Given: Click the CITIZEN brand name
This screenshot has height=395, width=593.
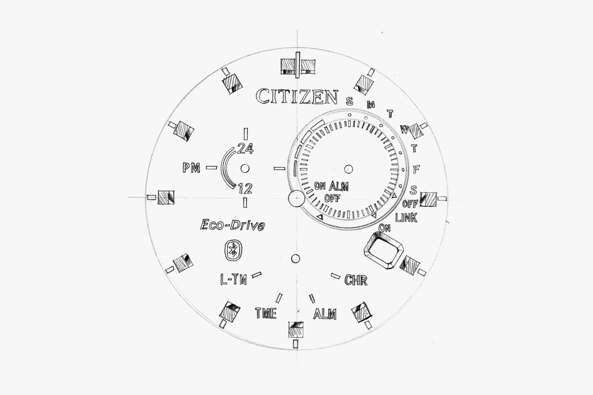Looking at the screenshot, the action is [x=297, y=97].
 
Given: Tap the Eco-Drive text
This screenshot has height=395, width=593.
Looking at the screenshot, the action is [x=233, y=225].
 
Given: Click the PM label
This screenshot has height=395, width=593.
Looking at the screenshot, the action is [x=191, y=168].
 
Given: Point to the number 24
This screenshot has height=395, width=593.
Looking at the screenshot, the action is [x=246, y=149].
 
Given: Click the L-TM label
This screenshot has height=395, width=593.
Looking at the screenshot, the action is [x=233, y=280].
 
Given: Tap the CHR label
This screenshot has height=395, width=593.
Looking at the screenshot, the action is [x=356, y=281].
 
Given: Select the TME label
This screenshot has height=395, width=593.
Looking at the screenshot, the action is [x=266, y=314].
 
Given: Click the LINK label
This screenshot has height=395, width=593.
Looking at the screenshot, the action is [x=406, y=218].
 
